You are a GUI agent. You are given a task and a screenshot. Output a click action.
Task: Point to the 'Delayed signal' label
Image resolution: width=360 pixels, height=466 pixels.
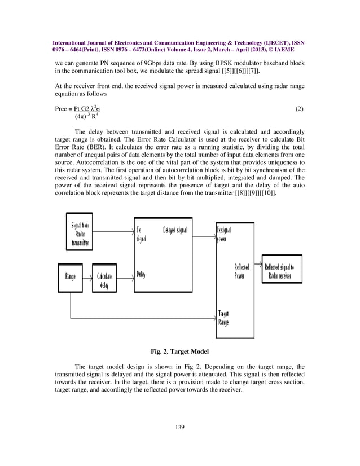click(175, 230)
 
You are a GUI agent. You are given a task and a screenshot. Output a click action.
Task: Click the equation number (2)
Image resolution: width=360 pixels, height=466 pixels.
click(300, 108)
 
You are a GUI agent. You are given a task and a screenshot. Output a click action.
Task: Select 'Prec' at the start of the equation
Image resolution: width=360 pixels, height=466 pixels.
click(63, 108)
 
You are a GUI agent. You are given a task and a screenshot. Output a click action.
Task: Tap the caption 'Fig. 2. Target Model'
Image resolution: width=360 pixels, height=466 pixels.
click(179, 351)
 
